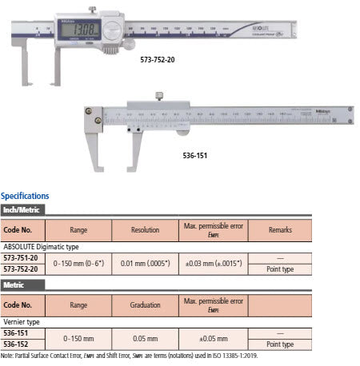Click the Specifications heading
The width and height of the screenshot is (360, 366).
pos(25,196)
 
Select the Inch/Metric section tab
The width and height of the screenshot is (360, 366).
pos(22,210)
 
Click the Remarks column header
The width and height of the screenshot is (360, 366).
pos(281,231)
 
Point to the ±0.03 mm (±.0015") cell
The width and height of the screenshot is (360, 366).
pos(212,263)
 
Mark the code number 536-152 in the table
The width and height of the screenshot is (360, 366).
pos(19,344)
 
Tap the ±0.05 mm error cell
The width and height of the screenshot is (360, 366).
pos(212,338)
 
